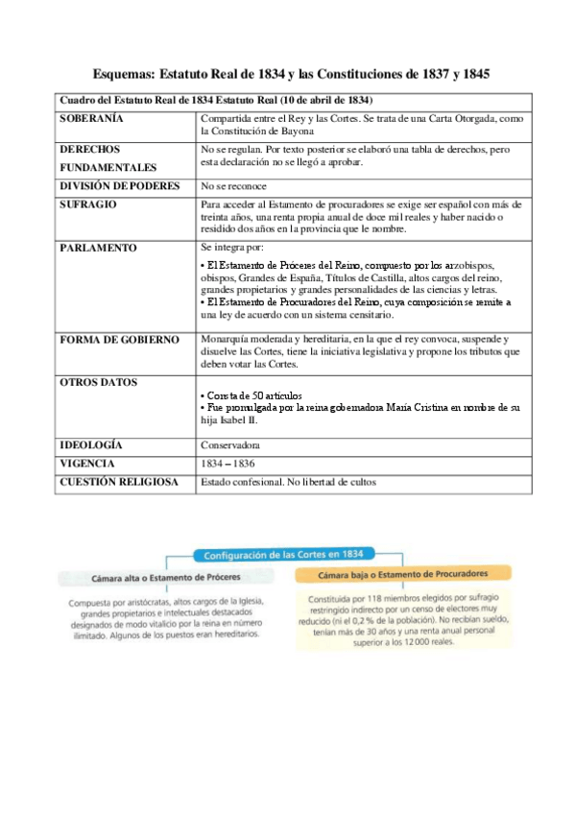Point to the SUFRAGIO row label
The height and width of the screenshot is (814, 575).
tap(89, 204)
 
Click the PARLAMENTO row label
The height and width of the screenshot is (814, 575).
tap(99, 247)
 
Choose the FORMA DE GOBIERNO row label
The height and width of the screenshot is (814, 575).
tap(119, 339)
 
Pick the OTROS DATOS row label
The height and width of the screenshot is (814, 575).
tap(98, 382)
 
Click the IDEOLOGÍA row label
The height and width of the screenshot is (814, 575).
tap(91, 445)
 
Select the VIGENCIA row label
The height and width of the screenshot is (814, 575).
tap(87, 464)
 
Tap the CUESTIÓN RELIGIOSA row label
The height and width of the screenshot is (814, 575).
tap(119, 482)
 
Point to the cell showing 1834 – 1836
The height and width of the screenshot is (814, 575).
tap(228, 464)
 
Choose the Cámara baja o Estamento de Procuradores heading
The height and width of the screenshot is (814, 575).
tap(404, 573)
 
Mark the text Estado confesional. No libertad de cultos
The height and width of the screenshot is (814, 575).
tap(288, 482)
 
